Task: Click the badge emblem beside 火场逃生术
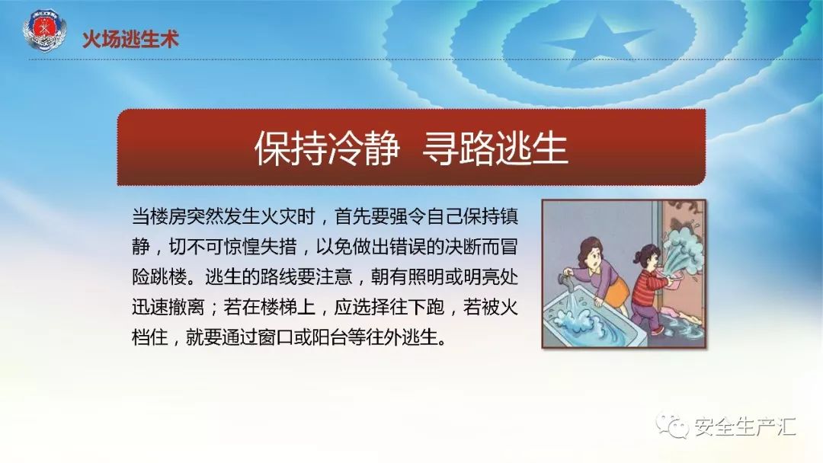tap(45, 30)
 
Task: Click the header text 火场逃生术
tap(131, 40)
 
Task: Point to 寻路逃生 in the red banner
tap(495, 148)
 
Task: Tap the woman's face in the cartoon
tap(593, 257)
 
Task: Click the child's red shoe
tap(657, 330)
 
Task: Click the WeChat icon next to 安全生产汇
tap(673, 426)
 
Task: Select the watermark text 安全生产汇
tap(745, 426)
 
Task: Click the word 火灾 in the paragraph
tap(279, 216)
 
